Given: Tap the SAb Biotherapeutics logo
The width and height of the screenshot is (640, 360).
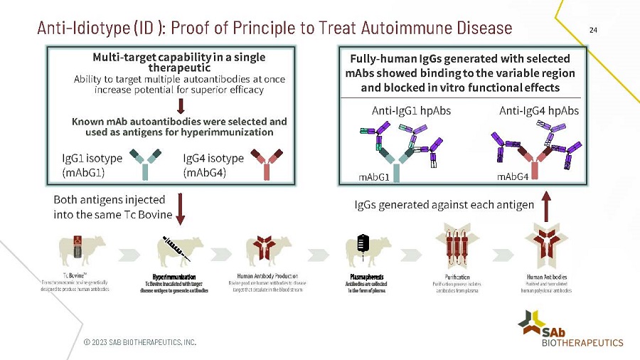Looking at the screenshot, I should point(572,329).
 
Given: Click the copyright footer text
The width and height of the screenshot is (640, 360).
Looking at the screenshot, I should point(139,342).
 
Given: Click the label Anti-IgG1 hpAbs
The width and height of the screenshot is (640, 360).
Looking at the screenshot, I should point(411,111).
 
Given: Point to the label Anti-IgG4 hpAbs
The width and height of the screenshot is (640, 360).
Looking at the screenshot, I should point(539,111).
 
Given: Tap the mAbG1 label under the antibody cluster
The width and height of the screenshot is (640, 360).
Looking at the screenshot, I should point(373,176).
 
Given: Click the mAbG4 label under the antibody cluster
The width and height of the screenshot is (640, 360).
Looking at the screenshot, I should point(512,176).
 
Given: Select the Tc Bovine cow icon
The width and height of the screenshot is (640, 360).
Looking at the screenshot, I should point(83,250).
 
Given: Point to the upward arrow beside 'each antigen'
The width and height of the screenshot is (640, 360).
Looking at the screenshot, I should point(547,206).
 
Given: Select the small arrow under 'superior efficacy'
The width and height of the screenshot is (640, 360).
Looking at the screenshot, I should point(181,106).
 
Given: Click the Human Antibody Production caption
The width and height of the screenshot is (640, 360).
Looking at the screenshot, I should point(267,276).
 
